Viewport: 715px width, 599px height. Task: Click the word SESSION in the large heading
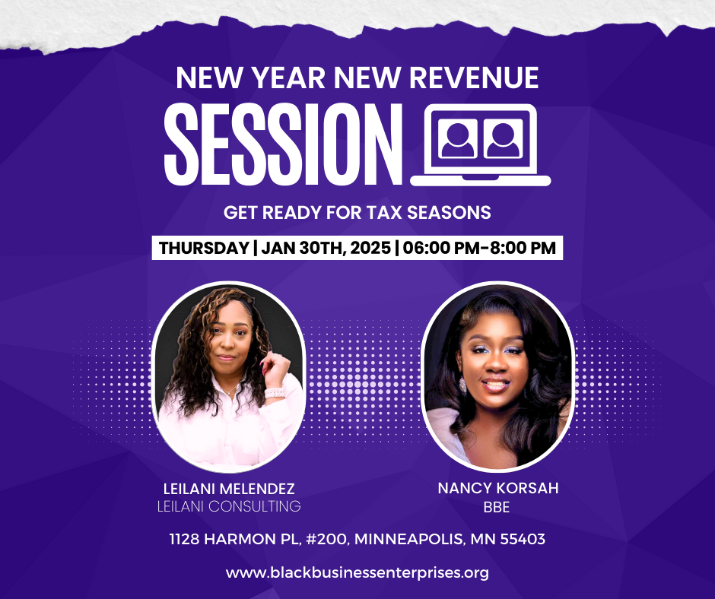tap(283, 144)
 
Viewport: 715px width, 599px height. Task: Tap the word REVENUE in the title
tap(474, 78)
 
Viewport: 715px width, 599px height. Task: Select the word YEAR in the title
tap(288, 78)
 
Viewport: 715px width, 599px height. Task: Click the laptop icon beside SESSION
tap(481, 145)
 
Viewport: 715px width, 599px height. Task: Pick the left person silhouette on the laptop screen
tap(458, 140)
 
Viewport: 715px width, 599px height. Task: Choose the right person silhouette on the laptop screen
tap(503, 140)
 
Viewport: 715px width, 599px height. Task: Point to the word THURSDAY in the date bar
tap(204, 248)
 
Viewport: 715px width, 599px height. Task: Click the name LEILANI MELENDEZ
tap(229, 489)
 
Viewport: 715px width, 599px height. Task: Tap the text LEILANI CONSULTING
tap(229, 506)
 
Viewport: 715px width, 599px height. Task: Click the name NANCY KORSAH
tap(498, 488)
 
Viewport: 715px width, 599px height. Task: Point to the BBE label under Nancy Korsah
tap(497, 507)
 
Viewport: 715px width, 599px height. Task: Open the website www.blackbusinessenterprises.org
tap(357, 572)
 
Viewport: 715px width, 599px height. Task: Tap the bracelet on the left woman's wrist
tap(275, 391)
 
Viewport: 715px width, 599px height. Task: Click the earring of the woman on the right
tap(462, 385)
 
